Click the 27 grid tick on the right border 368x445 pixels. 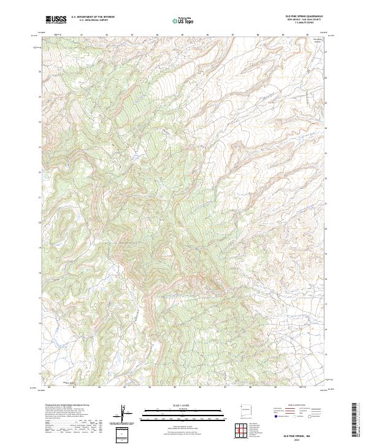click(x=326, y=52)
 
